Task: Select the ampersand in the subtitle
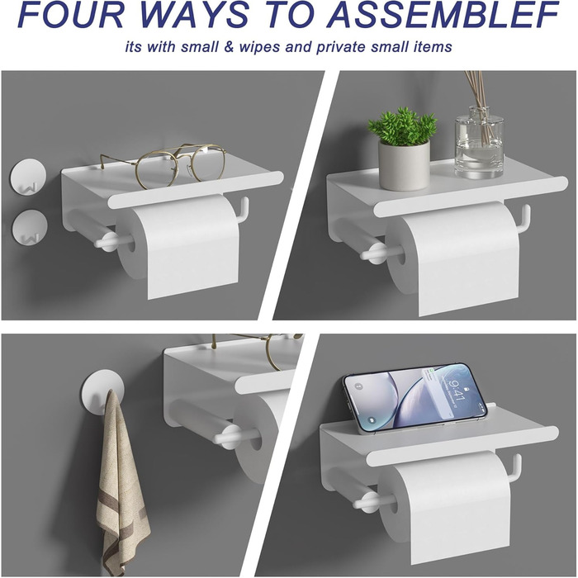point(229,47)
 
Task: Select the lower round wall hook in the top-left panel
point(30,227)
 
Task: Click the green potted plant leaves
point(402,126)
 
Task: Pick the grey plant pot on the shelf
point(404,165)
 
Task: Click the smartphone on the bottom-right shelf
point(415,397)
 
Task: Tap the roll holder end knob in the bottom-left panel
point(228,437)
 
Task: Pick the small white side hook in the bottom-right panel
point(514,468)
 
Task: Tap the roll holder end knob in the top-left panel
point(107,241)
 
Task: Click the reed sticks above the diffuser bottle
point(479,97)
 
